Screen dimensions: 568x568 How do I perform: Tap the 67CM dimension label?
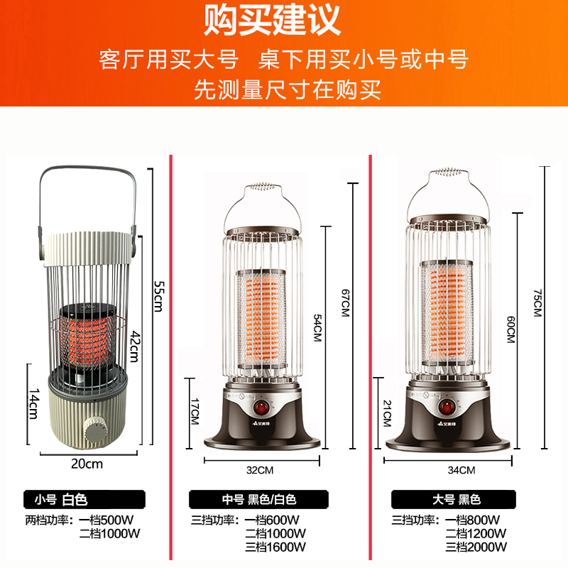point(345,302)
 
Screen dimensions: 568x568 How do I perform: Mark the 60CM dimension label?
point(509,331)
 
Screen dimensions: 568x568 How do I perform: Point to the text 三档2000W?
point(476,547)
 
